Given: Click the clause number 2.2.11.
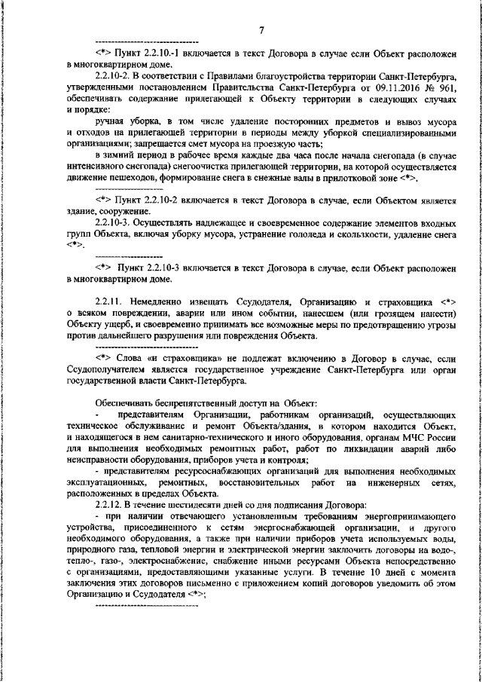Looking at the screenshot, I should (111, 299).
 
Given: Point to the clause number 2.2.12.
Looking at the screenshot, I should (111, 503).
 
